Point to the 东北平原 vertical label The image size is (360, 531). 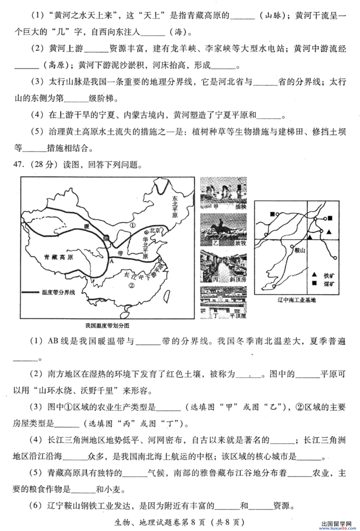click(x=175, y=207)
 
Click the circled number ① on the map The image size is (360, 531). click(x=132, y=225)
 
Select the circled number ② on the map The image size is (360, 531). click(x=131, y=285)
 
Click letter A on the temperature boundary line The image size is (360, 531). click(x=112, y=261)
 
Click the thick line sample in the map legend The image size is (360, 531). click(x=30, y=292)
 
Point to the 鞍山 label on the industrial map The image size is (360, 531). click(x=299, y=250)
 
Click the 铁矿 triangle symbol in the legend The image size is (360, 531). click(x=314, y=275)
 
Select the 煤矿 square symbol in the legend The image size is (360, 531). click(x=314, y=283)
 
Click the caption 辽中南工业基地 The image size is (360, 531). click(x=297, y=300)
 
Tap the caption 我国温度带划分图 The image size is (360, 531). click(x=107, y=326)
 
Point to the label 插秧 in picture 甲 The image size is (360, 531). click(x=240, y=207)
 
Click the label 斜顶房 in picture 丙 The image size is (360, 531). click(x=238, y=279)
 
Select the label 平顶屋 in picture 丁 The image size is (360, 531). click(x=238, y=316)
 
